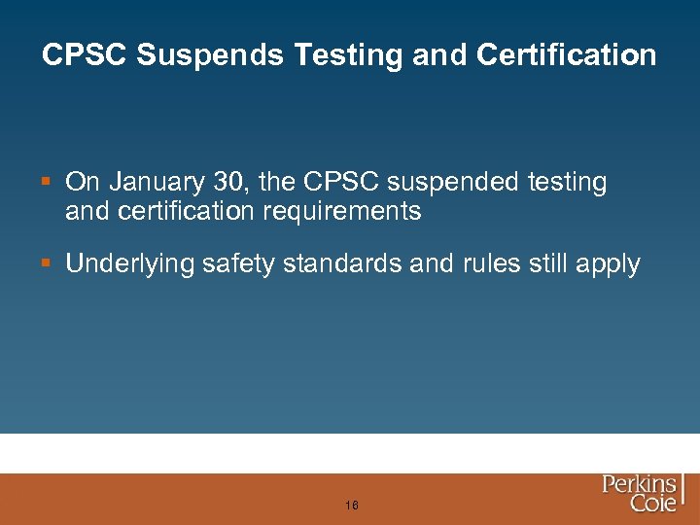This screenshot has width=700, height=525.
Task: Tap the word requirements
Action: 338,212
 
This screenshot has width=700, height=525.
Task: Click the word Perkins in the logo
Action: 639,484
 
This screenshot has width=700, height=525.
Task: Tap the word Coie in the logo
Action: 653,503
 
